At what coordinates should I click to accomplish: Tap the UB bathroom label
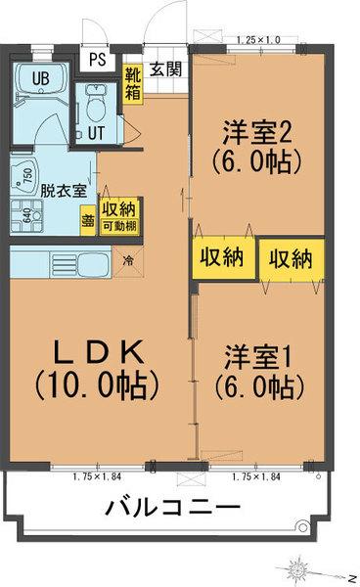(x=41, y=79)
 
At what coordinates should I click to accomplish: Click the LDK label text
(x=96, y=350)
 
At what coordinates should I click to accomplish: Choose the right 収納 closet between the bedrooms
(x=291, y=258)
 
